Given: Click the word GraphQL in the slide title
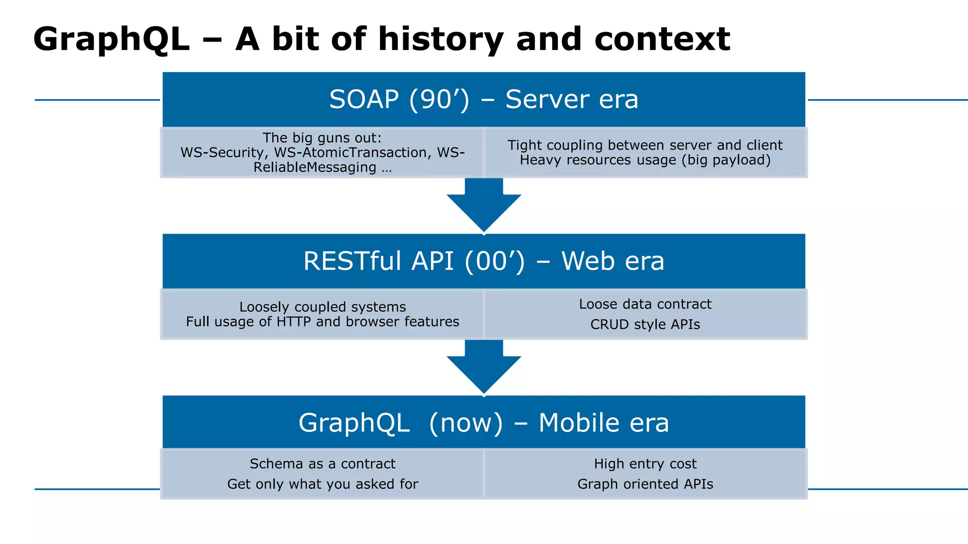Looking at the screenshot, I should (x=112, y=40).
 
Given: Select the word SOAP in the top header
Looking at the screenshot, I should (x=364, y=100).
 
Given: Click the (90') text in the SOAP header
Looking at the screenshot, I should (x=439, y=100).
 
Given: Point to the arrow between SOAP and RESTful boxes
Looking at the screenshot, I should (x=484, y=205).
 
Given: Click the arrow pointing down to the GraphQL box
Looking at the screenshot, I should (x=484, y=367).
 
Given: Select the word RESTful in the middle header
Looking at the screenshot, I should (x=352, y=261).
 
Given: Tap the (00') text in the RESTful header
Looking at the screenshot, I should (x=494, y=261).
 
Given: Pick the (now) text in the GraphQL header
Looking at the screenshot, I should (x=466, y=423).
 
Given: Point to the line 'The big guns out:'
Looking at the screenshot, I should (x=322, y=138).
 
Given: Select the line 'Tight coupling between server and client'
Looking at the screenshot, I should (x=645, y=145).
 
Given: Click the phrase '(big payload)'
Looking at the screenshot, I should (x=726, y=160).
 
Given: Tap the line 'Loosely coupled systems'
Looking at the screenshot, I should (x=322, y=307).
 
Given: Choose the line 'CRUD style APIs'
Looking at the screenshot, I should (x=645, y=324).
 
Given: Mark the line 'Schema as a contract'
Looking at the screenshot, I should (x=322, y=464).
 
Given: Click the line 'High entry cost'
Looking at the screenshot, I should (x=645, y=464).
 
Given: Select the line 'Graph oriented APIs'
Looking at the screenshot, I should (x=645, y=484).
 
